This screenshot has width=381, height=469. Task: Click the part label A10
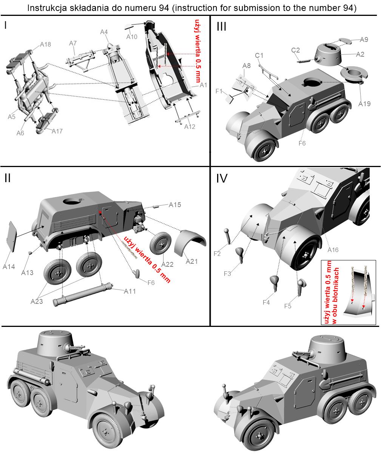pyautogui.click(x=132, y=37)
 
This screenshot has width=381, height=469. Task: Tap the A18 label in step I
pyautogui.click(x=45, y=45)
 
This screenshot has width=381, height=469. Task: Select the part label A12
pyautogui.click(x=190, y=127)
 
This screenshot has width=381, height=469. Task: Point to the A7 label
pyautogui.click(x=73, y=44)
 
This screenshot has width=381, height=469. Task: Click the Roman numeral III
pyautogui.click(x=221, y=27)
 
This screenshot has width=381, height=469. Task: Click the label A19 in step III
pyautogui.click(x=364, y=104)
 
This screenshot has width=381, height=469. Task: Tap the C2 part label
pyautogui.click(x=296, y=50)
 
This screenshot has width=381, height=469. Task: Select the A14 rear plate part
pyautogui.click(x=12, y=236)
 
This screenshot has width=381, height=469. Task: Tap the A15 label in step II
pyautogui.click(x=175, y=204)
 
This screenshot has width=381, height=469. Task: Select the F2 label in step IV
pyautogui.click(x=217, y=254)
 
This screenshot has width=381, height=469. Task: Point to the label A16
pyautogui.click(x=333, y=250)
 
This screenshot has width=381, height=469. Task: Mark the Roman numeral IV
pyautogui.click(x=222, y=178)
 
